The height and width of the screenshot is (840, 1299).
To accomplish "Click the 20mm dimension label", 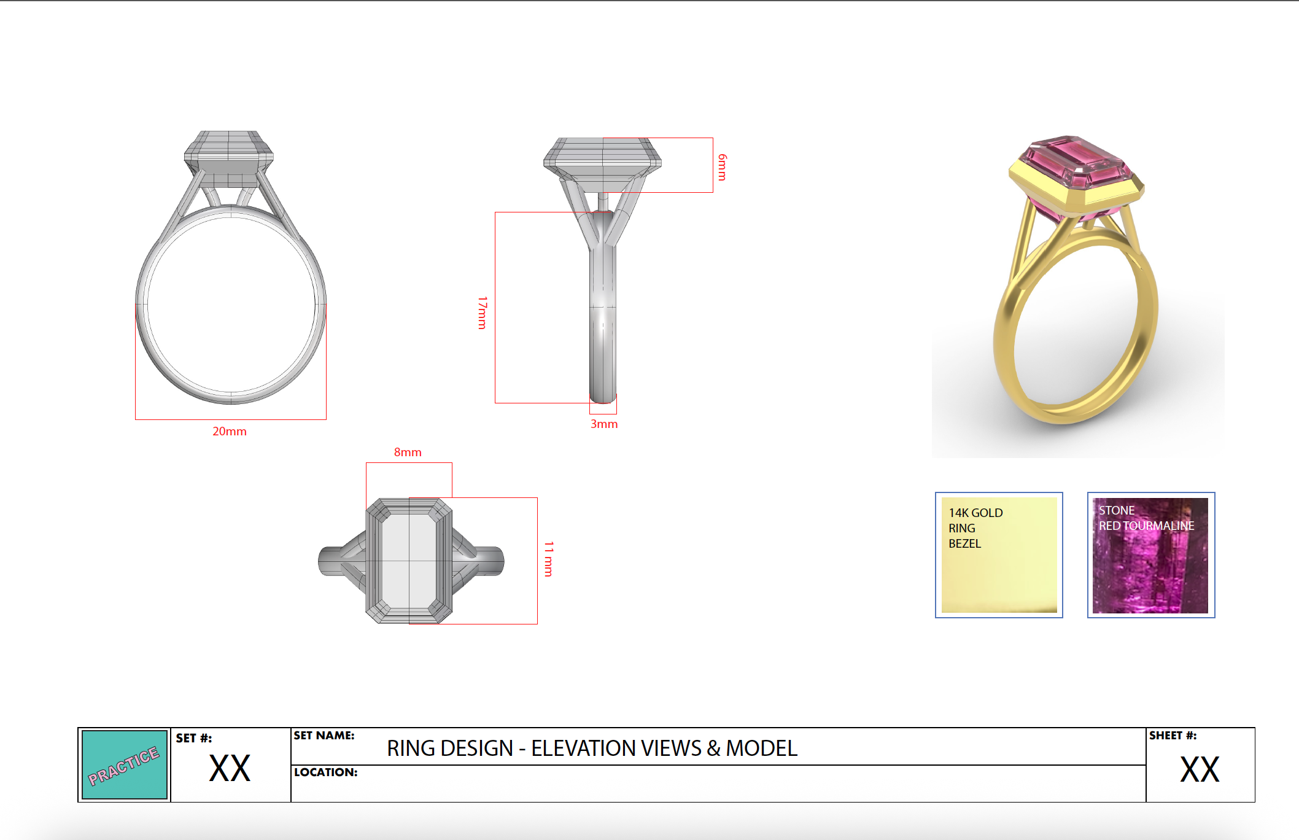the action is (230, 431).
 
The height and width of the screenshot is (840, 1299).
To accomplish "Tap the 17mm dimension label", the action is (483, 313).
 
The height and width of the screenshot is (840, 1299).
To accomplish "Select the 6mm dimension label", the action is (723, 167).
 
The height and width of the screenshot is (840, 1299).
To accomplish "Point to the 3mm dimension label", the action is (604, 424).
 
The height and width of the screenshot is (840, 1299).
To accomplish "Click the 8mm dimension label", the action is (408, 452).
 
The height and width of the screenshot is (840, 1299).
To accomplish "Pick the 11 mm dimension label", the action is (549, 559).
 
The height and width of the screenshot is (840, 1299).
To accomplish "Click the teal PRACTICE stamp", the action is (125, 764).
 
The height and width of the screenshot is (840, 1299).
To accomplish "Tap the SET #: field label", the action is (194, 738).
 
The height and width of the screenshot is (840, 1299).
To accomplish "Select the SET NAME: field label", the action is (324, 735).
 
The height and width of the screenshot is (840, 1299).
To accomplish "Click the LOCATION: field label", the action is (325, 772).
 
